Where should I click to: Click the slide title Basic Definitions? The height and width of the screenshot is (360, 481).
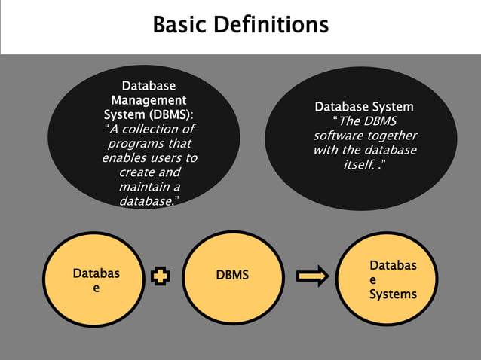(240, 25)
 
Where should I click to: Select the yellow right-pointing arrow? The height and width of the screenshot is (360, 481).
(312, 276)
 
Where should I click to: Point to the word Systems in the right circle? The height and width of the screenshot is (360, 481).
(392, 294)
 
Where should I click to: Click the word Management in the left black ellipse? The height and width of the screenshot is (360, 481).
(149, 100)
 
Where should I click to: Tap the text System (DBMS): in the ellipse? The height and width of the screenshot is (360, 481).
(149, 114)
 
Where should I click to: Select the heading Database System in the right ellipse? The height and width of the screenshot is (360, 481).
(363, 107)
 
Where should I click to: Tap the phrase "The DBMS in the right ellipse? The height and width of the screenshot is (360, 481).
(364, 121)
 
